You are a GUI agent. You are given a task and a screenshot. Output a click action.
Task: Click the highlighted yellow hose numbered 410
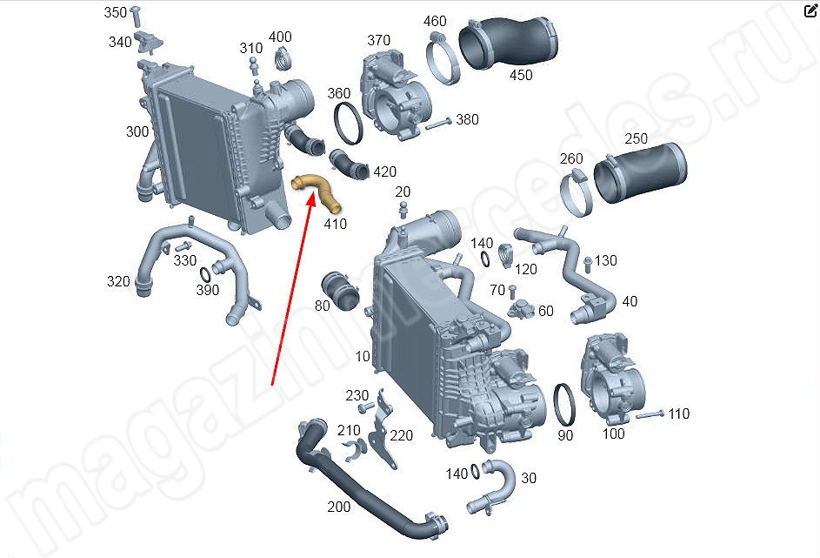pyautogui.click(x=317, y=189)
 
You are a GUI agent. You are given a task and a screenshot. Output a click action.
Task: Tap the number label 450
pyautogui.click(x=521, y=75)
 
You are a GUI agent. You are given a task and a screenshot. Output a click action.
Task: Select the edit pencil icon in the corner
pyautogui.click(x=810, y=10)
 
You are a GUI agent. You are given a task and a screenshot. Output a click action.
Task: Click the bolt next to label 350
pyautogui.click(x=136, y=17)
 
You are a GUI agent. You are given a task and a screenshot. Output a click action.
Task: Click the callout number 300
pyautogui.click(x=137, y=131)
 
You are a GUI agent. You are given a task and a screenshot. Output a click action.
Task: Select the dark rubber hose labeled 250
pyautogui.click(x=641, y=171)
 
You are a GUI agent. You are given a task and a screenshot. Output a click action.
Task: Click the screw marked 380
pyautogui.click(x=439, y=124)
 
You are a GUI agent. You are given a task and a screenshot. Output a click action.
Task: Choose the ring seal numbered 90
pyautogui.click(x=565, y=405)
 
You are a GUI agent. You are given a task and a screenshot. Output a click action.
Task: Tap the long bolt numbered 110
pyautogui.click(x=650, y=414)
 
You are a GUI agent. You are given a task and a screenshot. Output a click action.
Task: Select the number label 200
pyautogui.click(x=339, y=507)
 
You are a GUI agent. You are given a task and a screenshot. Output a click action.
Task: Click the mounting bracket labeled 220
pyautogui.click(x=382, y=429)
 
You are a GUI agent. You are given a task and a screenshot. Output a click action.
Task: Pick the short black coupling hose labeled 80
pyautogui.click(x=340, y=291)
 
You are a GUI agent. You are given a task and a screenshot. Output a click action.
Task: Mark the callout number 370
pyautogui.click(x=378, y=40)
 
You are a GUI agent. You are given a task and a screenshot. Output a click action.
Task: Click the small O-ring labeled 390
pyautogui.click(x=205, y=275)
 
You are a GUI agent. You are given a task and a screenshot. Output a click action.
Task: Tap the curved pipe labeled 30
pyautogui.click(x=494, y=487)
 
